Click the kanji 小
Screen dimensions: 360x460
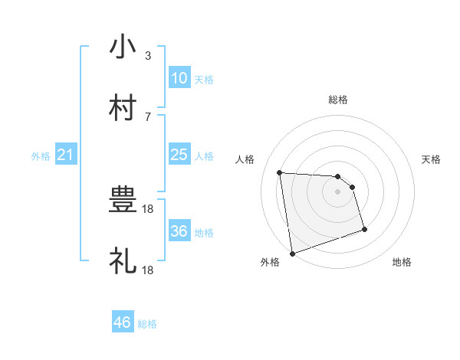tap(123, 47)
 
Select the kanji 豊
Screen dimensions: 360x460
tap(123, 201)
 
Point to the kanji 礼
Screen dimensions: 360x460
tap(123, 261)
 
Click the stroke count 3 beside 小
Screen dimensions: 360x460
tap(147, 56)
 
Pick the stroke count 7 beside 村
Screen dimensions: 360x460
tap(147, 116)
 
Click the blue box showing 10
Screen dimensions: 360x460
tap(179, 78)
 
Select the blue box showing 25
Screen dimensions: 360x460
tap(179, 155)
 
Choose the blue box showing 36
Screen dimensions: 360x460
tap(179, 231)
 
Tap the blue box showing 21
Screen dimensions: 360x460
tap(66, 155)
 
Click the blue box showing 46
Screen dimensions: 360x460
tap(123, 322)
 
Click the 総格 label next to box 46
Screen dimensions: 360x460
tap(147, 324)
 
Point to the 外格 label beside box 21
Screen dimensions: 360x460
tap(41, 156)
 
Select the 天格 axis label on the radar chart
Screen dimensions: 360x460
tap(432, 159)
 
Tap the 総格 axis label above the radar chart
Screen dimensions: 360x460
tap(338, 100)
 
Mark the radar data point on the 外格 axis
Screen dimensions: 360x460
tap(291, 253)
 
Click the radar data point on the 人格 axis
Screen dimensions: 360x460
tap(280, 172)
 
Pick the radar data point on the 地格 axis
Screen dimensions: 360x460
tap(364, 229)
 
